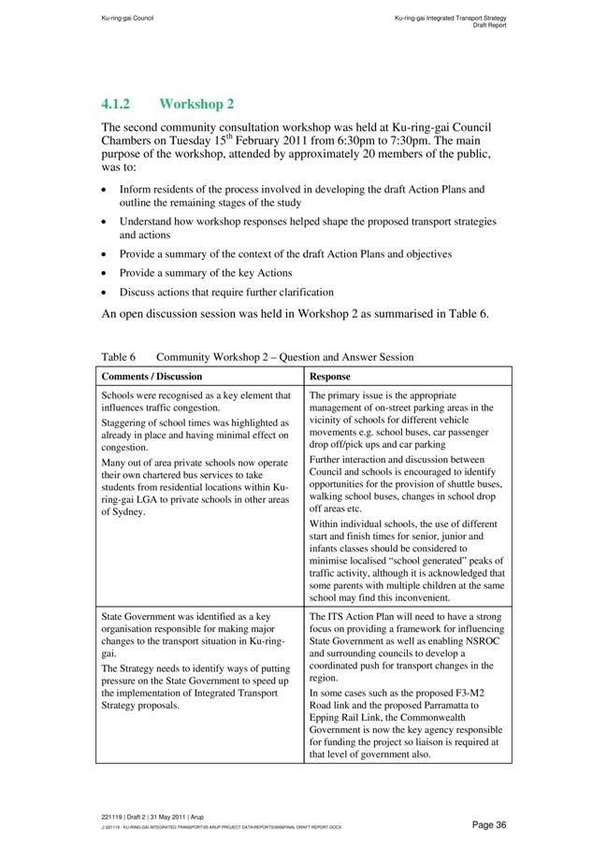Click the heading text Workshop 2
(196, 104)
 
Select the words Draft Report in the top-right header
(489, 25)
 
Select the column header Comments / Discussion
(152, 377)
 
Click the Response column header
(330, 377)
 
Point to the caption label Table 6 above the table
(119, 357)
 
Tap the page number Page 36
(489, 824)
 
